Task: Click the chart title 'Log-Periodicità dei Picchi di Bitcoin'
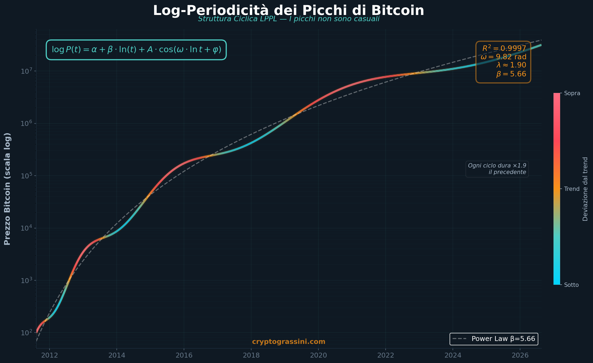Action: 288,11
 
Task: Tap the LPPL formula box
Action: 136,50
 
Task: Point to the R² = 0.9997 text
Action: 504,48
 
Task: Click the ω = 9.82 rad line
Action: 503,57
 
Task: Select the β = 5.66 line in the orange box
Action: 511,74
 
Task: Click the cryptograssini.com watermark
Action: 288,342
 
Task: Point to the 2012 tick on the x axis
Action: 50,355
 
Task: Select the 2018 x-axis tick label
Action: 251,355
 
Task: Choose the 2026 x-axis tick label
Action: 520,355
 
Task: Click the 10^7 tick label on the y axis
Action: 26,71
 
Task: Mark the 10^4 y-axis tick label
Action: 26,228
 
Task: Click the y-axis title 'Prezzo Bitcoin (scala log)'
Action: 7,189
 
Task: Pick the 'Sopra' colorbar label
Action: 572,93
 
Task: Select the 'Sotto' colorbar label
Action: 571,285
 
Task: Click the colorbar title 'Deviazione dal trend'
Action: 585,189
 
